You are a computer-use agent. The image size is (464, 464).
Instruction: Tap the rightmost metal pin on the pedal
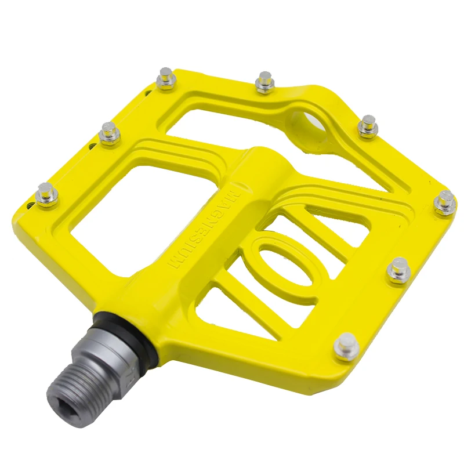445,202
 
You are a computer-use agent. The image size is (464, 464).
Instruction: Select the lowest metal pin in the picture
346,347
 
